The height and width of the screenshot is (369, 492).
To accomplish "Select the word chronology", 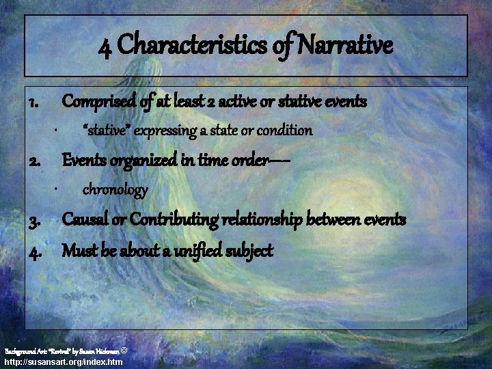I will (x=115, y=189).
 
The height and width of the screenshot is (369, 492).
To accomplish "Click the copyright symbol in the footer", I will (x=123, y=350).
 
